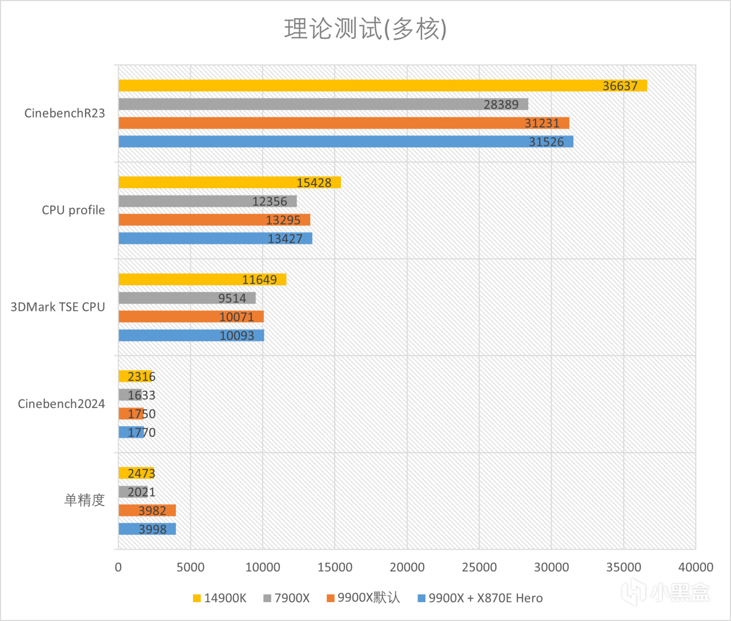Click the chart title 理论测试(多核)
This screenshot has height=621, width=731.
(365, 29)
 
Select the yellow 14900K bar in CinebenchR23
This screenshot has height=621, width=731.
(383, 86)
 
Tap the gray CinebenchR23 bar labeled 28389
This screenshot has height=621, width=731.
(323, 104)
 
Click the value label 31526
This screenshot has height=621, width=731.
(546, 142)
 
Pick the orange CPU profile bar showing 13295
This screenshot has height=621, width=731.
(214, 220)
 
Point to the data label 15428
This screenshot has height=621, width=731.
(314, 183)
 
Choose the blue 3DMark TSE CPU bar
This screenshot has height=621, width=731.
(191, 335)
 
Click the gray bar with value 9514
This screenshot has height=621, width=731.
(187, 298)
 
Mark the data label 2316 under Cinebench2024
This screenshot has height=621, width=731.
(141, 376)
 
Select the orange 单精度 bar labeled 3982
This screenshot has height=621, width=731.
(147, 510)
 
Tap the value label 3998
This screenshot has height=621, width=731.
(152, 529)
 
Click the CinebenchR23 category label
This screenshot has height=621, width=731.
(65, 113)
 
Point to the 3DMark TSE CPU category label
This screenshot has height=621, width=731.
(58, 307)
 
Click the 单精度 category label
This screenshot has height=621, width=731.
(85, 500)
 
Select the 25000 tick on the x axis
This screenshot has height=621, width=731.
(479, 567)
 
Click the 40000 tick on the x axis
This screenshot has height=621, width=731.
(695, 567)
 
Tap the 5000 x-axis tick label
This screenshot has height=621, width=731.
(190, 567)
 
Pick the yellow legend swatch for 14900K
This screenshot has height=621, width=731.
(197, 599)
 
